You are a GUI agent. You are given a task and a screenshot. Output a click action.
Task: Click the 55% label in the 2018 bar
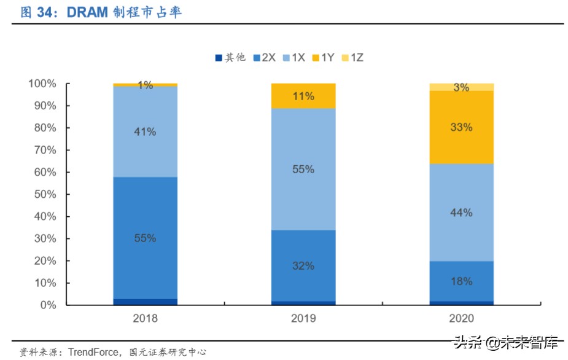click(145, 238)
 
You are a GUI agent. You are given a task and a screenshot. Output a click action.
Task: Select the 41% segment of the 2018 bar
click(145, 131)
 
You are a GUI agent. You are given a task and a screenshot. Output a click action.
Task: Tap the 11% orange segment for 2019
click(303, 96)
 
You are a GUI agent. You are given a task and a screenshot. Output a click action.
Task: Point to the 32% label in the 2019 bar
click(303, 265)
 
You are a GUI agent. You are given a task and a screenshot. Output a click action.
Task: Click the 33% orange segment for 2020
click(461, 127)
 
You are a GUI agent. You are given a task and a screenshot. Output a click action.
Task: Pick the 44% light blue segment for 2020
click(461, 213)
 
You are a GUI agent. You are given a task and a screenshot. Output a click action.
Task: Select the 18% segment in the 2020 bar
click(461, 281)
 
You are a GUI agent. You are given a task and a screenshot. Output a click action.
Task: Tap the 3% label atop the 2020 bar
click(461, 87)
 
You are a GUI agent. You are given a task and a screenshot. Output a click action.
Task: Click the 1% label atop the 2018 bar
click(145, 85)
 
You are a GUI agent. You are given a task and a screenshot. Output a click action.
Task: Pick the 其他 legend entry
click(230, 57)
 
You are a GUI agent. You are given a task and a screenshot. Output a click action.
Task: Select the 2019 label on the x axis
click(303, 318)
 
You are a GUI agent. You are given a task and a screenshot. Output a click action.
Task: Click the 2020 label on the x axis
click(461, 318)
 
